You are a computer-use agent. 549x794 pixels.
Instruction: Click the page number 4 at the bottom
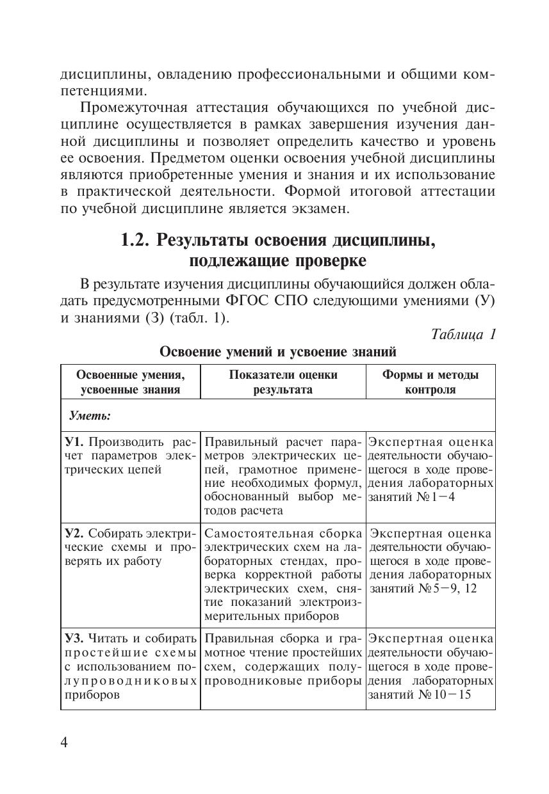pyautogui.click(x=64, y=742)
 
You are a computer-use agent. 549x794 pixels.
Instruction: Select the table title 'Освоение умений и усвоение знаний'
pyautogui.click(x=278, y=352)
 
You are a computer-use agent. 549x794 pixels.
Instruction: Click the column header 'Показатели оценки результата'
pyautogui.click(x=283, y=382)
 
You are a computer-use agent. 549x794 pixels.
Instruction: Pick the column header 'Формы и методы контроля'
pyautogui.click(x=430, y=382)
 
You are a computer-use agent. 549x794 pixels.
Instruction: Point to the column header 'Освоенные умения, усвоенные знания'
pyautogui.click(x=130, y=382)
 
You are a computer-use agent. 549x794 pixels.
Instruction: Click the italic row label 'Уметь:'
pyautogui.click(x=90, y=416)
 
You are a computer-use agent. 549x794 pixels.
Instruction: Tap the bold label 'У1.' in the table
pyautogui.click(x=74, y=442)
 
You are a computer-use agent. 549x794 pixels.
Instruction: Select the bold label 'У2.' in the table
pyautogui.click(x=74, y=534)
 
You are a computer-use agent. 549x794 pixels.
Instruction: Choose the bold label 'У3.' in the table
pyautogui.click(x=74, y=638)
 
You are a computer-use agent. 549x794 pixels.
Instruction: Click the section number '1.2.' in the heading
pyautogui.click(x=136, y=241)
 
